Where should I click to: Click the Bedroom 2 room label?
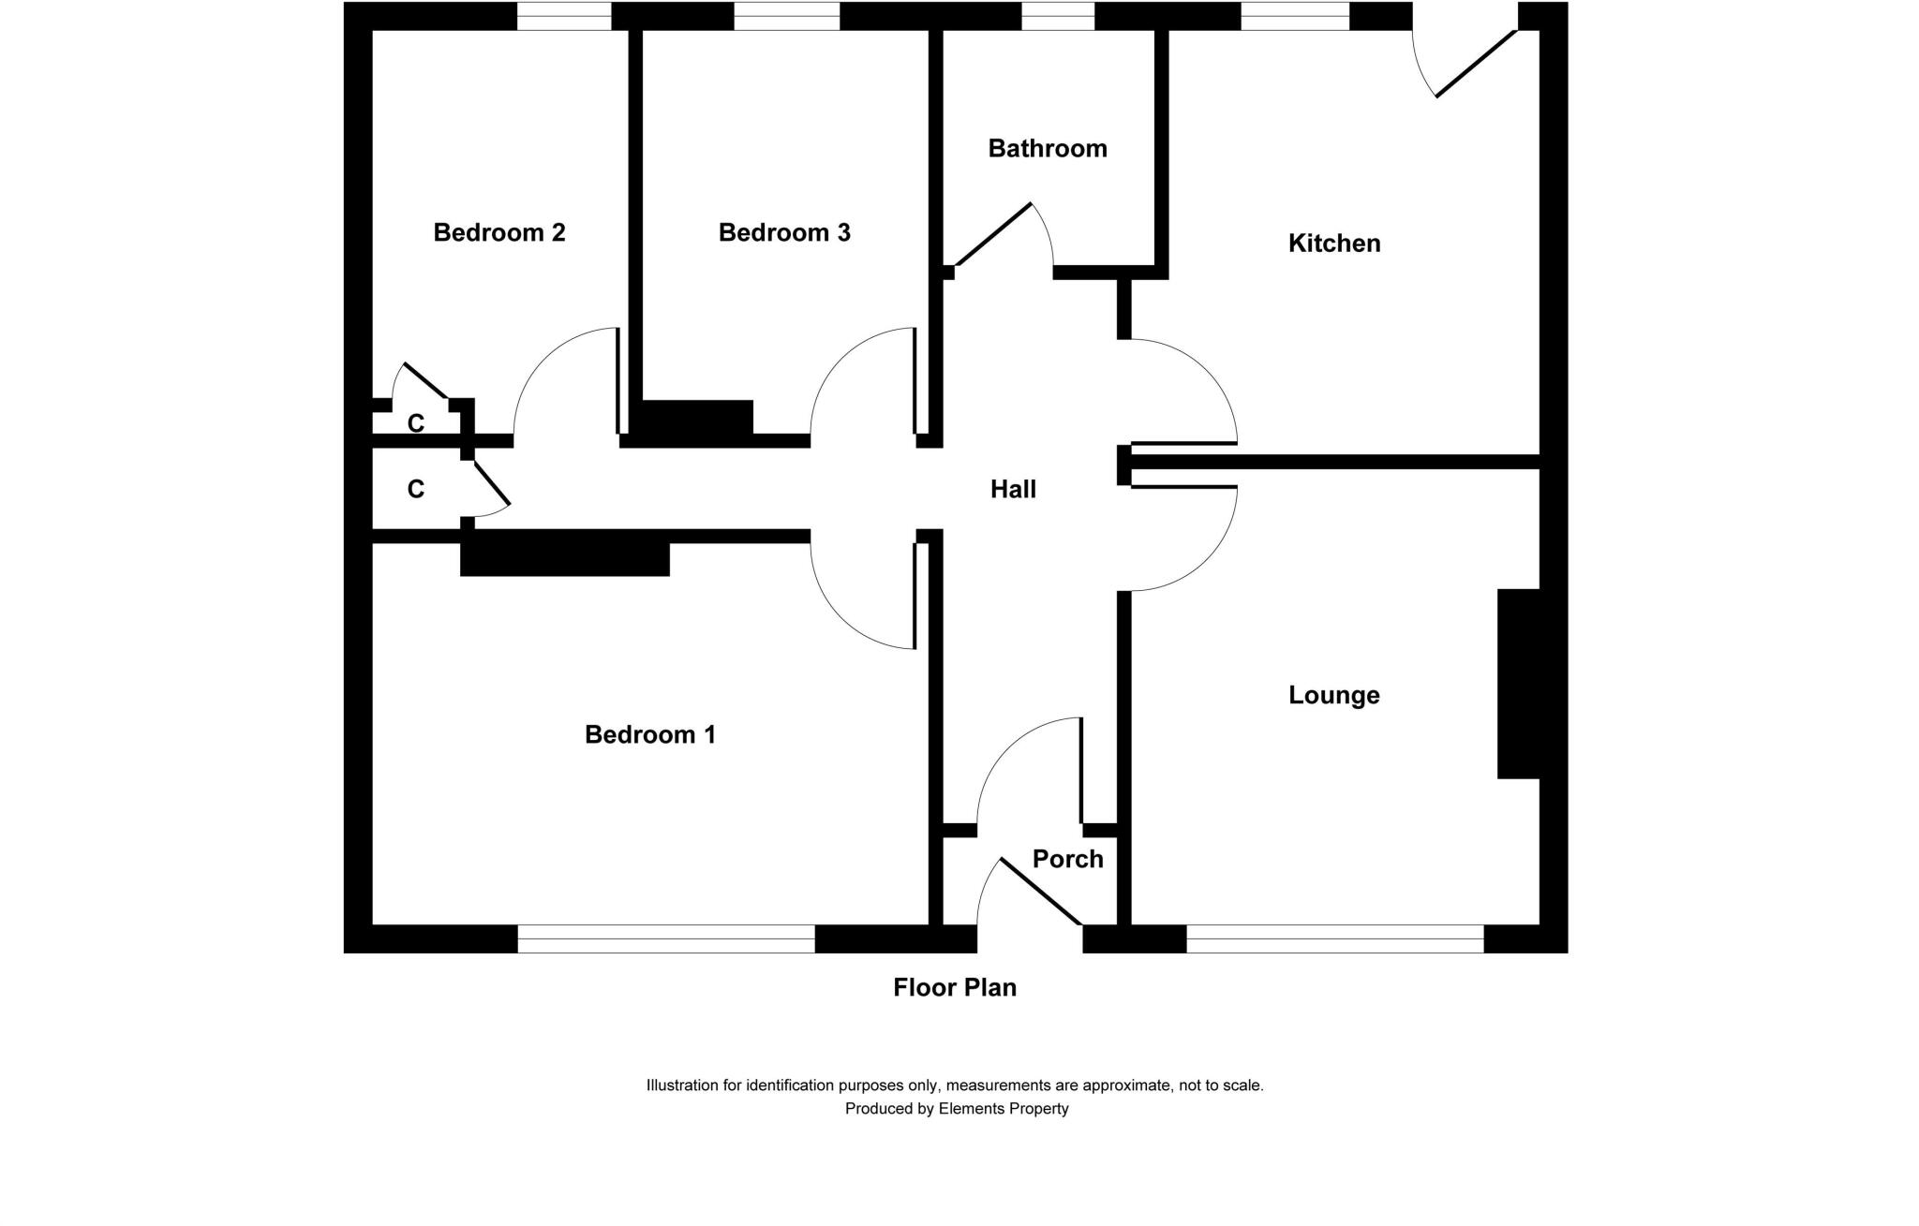coord(498,232)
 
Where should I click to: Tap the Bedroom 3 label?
coord(784,232)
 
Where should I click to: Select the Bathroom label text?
coord(1047,148)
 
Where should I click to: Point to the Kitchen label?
coord(1333,244)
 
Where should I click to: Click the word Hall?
coord(1013,489)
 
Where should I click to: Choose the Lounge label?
coord(1333,695)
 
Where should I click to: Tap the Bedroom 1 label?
coord(649,734)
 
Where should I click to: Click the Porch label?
coord(1067,859)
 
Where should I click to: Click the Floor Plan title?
coord(954,987)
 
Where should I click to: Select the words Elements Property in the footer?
coord(1003,1109)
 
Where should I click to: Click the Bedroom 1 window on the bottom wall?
coord(665,938)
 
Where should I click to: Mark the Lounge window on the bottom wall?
coord(1334,938)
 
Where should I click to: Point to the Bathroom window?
coord(1057,16)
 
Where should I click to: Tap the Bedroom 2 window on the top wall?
coord(564,16)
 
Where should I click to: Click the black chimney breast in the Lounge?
coord(1518,684)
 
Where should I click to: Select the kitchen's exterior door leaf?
coord(1476,64)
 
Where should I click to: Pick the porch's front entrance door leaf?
coord(1041,892)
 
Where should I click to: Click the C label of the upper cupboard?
coord(416,423)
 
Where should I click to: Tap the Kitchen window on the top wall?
coord(1295,16)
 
